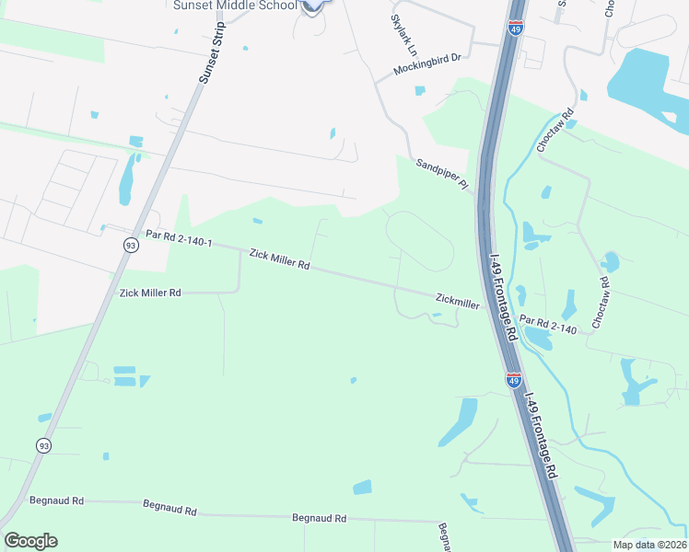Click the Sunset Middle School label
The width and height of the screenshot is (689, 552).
point(235,5)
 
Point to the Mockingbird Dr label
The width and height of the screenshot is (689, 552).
point(426,63)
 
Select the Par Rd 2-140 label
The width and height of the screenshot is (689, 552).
point(548,324)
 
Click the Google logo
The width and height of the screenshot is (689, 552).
point(30,541)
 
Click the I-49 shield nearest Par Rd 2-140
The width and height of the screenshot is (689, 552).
point(514,378)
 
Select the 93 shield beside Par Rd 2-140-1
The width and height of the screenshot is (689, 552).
point(132,246)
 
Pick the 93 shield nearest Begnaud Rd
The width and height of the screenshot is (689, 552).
point(43,445)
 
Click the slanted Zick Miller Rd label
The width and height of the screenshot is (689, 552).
point(277,261)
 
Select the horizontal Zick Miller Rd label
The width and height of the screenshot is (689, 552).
point(150,293)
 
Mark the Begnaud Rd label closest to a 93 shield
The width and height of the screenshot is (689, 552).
point(56,500)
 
